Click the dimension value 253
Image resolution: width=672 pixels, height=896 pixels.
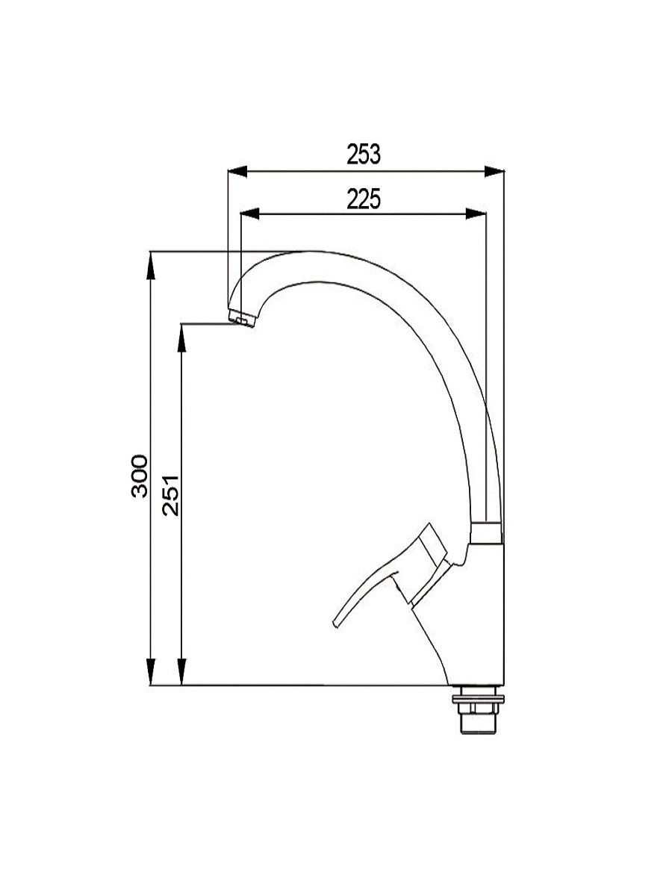pos(363,154)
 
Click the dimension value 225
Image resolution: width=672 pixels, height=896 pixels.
pos(363,199)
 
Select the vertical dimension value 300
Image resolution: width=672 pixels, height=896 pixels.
pos(140,476)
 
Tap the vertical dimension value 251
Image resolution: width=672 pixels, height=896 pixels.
pos(170,495)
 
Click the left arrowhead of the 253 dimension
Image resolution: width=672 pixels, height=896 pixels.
pos(237,172)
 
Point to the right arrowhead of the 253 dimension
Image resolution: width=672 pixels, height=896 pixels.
pos(494,172)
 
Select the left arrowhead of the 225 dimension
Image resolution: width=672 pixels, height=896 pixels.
pos(250,214)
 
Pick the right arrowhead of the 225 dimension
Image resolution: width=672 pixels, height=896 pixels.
pos(476,214)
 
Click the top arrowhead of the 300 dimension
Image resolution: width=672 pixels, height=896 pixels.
pos(152,265)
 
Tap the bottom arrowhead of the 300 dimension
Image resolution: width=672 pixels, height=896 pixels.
pos(152,671)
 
